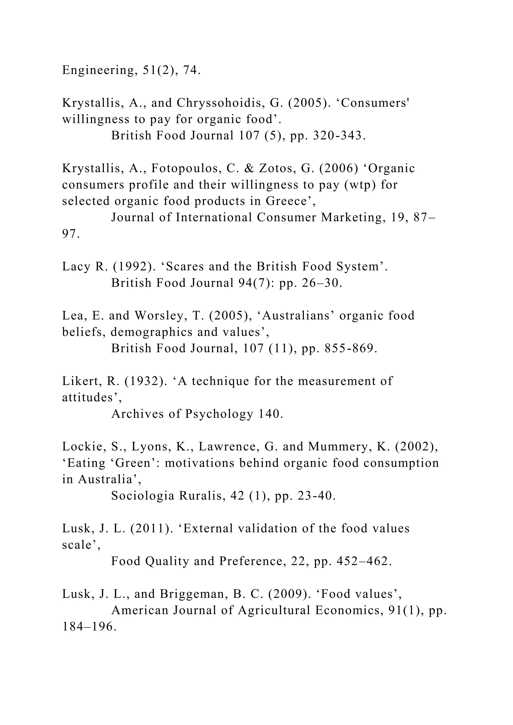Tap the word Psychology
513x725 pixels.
pyautogui.click(x=219, y=414)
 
